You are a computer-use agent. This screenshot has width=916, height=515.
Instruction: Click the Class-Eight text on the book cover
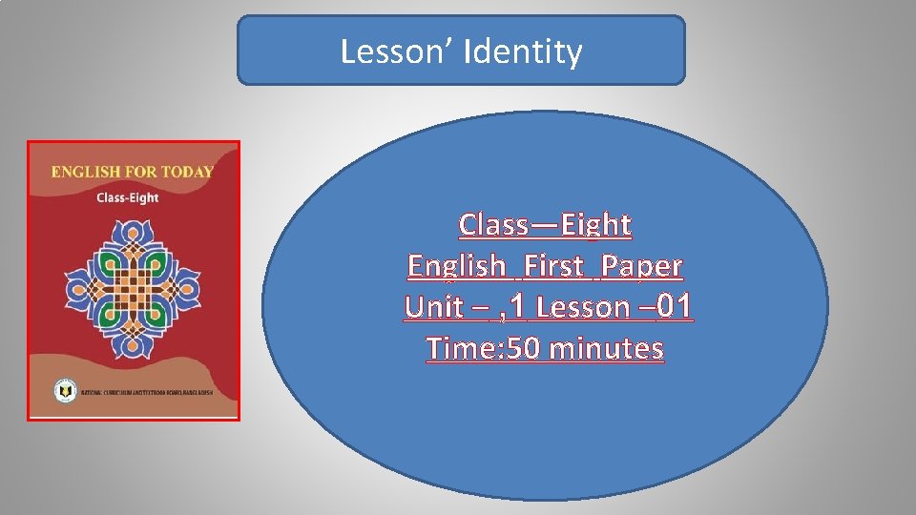click(x=128, y=197)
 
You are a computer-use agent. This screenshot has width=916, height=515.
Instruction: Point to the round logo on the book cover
click(x=64, y=391)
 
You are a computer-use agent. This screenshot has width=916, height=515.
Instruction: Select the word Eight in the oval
click(x=596, y=224)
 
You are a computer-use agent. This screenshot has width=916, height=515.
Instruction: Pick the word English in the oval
click(x=456, y=265)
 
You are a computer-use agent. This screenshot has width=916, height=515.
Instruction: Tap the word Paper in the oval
click(x=642, y=265)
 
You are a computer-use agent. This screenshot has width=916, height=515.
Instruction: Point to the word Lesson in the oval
click(x=582, y=307)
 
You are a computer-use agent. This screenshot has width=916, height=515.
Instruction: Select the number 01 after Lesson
click(x=673, y=307)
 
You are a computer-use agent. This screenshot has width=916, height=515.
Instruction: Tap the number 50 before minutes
click(x=523, y=349)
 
